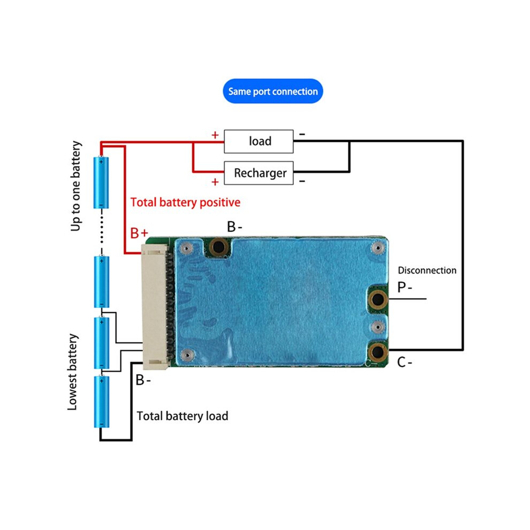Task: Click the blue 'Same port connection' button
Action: point(273,91)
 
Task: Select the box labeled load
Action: point(259,141)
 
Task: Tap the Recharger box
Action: point(259,173)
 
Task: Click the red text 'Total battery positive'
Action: point(185,202)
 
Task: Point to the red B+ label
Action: point(139,233)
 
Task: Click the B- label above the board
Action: point(234,227)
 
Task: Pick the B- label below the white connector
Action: point(143,380)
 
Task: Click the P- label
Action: point(405,287)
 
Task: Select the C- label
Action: point(405,362)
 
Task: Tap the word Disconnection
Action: point(427,270)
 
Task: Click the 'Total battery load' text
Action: point(182,416)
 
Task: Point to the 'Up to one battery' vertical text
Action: point(75,186)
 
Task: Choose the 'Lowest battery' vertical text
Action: point(72,372)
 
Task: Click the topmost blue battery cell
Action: point(101,182)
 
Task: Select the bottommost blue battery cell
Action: point(101,402)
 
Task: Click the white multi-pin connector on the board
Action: point(155,307)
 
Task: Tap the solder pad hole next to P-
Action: point(377,299)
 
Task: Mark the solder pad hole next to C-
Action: point(377,352)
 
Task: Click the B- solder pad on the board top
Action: point(219,246)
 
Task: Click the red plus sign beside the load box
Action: point(215,135)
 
